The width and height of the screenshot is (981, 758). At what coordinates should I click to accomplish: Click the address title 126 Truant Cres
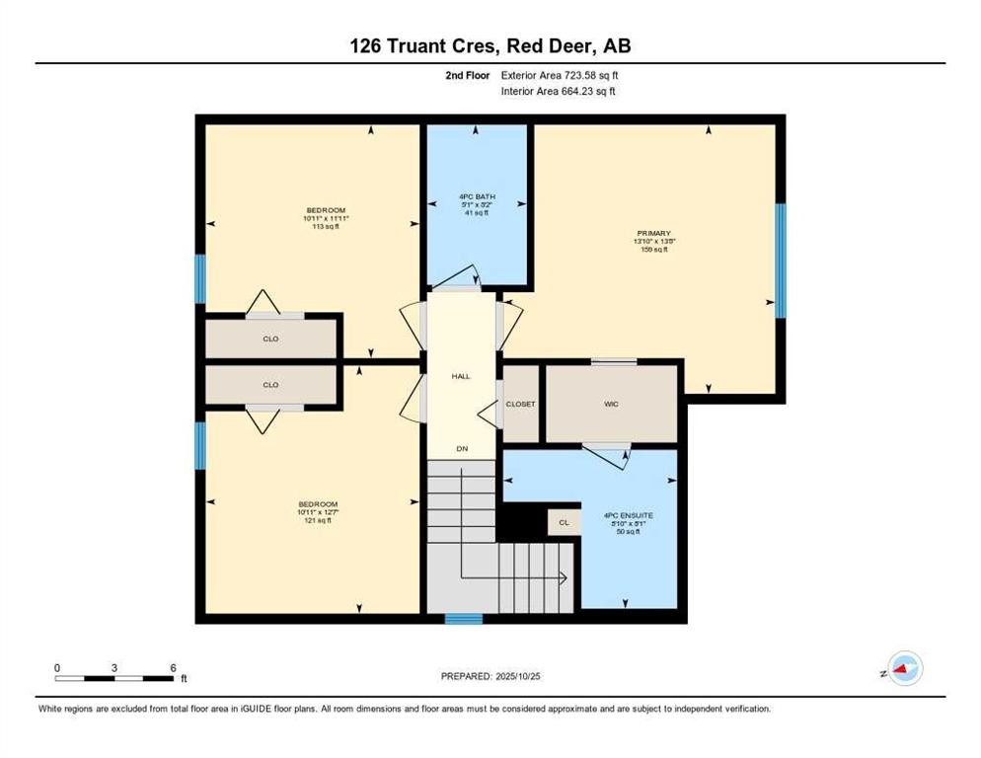point(490,45)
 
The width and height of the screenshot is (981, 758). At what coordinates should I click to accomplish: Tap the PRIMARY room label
point(652,234)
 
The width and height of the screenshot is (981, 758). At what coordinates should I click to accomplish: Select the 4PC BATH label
point(476,197)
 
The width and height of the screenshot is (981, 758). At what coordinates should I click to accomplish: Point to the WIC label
point(612,405)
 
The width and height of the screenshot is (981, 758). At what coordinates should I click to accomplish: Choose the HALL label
point(461,376)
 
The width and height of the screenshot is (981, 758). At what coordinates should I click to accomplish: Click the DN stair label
point(461,449)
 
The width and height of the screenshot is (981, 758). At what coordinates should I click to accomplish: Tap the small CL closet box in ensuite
point(564,523)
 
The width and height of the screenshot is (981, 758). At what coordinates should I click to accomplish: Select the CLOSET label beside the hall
point(520,405)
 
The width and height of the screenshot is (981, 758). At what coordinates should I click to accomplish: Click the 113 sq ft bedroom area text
point(326,225)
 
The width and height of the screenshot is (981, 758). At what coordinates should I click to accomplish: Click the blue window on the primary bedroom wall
point(780,261)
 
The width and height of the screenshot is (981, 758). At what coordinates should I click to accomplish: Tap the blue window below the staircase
point(463,619)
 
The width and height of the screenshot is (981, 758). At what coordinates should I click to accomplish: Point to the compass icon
point(904,670)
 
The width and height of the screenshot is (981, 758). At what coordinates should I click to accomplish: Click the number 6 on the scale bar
point(173,668)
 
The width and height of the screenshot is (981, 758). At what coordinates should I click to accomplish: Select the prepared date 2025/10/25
point(490,676)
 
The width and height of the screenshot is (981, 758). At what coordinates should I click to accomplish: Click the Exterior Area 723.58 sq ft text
point(560,75)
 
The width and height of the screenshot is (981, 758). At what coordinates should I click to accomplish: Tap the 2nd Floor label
point(468,75)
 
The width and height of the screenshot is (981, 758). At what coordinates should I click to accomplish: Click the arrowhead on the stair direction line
point(563,578)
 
